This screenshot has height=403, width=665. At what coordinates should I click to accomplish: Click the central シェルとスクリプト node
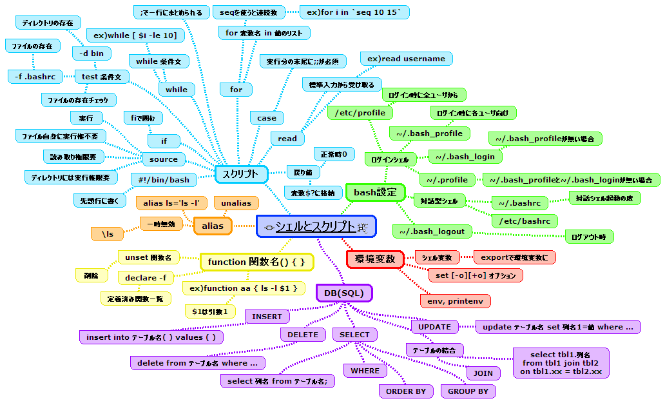(315, 226)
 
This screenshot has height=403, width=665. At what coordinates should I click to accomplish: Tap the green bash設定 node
(375, 192)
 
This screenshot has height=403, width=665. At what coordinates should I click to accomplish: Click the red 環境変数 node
(375, 259)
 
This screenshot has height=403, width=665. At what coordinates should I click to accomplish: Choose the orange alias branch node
(213, 226)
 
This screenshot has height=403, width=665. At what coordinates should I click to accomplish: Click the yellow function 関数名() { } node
(256, 262)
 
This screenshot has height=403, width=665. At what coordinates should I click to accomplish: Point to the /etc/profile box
(360, 113)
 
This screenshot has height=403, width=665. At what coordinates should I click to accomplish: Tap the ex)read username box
(406, 59)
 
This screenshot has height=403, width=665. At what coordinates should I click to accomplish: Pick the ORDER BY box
(405, 391)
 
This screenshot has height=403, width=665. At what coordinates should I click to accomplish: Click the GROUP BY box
(468, 391)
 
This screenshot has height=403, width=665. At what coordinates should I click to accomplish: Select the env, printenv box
(455, 300)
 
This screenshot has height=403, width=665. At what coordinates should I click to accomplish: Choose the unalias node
(236, 203)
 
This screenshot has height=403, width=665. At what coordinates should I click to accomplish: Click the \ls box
(108, 235)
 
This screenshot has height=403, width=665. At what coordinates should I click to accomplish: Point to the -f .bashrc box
(35, 77)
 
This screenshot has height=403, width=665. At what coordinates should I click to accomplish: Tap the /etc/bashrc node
(525, 221)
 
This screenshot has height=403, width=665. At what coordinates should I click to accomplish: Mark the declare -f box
(146, 278)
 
